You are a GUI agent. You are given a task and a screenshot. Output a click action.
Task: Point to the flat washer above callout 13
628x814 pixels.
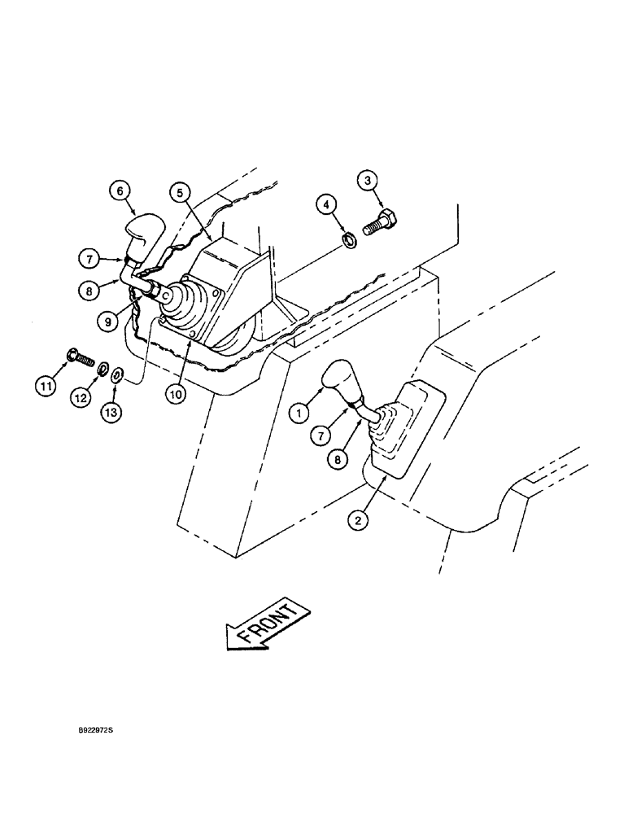tap(117, 374)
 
